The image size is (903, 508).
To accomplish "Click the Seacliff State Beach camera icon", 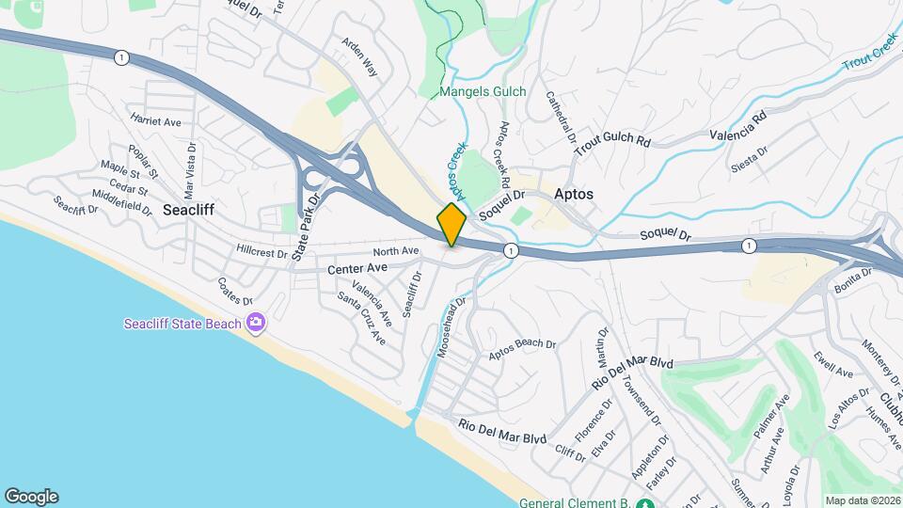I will point(256,324).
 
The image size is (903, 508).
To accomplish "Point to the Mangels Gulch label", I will point(483,93).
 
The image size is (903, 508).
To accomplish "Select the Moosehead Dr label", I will point(448,327).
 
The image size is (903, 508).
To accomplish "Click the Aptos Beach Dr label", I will point(522,350).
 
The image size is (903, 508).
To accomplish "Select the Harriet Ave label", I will point(156,122).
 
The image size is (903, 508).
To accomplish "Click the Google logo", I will point(31,497).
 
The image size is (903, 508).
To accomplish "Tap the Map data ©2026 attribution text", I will point(861,500).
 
